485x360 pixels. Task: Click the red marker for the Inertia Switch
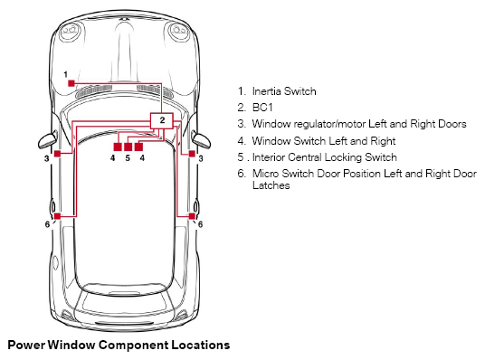pyautogui.click(x=71, y=83)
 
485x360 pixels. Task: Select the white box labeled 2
pyautogui.click(x=161, y=120)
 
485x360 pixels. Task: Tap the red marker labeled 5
pyautogui.click(x=128, y=147)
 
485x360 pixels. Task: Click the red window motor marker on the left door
pyautogui.click(x=58, y=154)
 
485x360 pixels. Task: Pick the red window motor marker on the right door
pyautogui.click(x=192, y=154)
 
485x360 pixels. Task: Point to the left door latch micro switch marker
pyautogui.click(x=58, y=216)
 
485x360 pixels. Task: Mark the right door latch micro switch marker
pyautogui.click(x=192, y=216)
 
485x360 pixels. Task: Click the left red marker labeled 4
pyautogui.click(x=118, y=147)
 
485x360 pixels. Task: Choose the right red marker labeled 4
pyautogui.click(x=138, y=147)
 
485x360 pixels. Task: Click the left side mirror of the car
pyautogui.click(x=48, y=140)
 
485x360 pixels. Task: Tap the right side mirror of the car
pyautogui.click(x=201, y=140)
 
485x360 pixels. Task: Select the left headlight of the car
pyautogui.click(x=71, y=32)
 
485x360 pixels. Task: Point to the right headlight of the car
pyautogui.click(x=180, y=32)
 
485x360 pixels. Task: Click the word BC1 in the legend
pyautogui.click(x=262, y=108)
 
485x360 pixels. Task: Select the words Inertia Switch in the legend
pyautogui.click(x=284, y=91)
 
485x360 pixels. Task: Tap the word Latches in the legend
pyautogui.click(x=271, y=185)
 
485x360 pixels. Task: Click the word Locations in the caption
pyautogui.click(x=201, y=345)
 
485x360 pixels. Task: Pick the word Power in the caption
pyautogui.click(x=26, y=345)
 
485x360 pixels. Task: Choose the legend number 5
pyautogui.click(x=241, y=157)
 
